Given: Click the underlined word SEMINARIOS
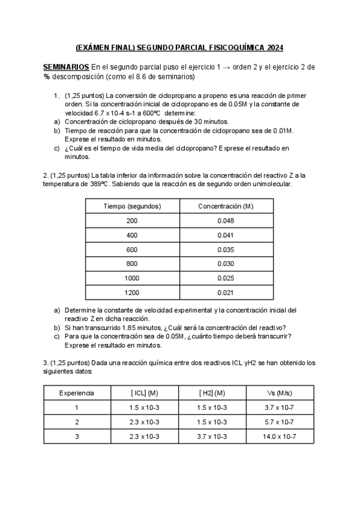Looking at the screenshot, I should [x=65, y=67].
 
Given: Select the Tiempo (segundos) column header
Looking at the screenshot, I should [x=132, y=206].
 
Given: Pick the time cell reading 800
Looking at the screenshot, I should [x=132, y=264].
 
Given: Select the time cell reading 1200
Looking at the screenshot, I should [x=132, y=292].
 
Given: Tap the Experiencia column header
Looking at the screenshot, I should [x=77, y=393].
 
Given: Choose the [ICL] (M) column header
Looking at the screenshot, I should [x=144, y=393].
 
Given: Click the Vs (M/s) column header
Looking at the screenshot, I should [x=280, y=393].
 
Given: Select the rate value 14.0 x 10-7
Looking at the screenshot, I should [x=280, y=436].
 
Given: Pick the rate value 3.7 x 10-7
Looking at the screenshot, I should [x=280, y=408].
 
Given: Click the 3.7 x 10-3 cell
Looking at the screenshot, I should [x=212, y=436].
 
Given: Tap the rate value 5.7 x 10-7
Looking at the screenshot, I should [x=280, y=422].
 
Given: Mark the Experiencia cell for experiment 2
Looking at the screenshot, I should [x=77, y=422].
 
